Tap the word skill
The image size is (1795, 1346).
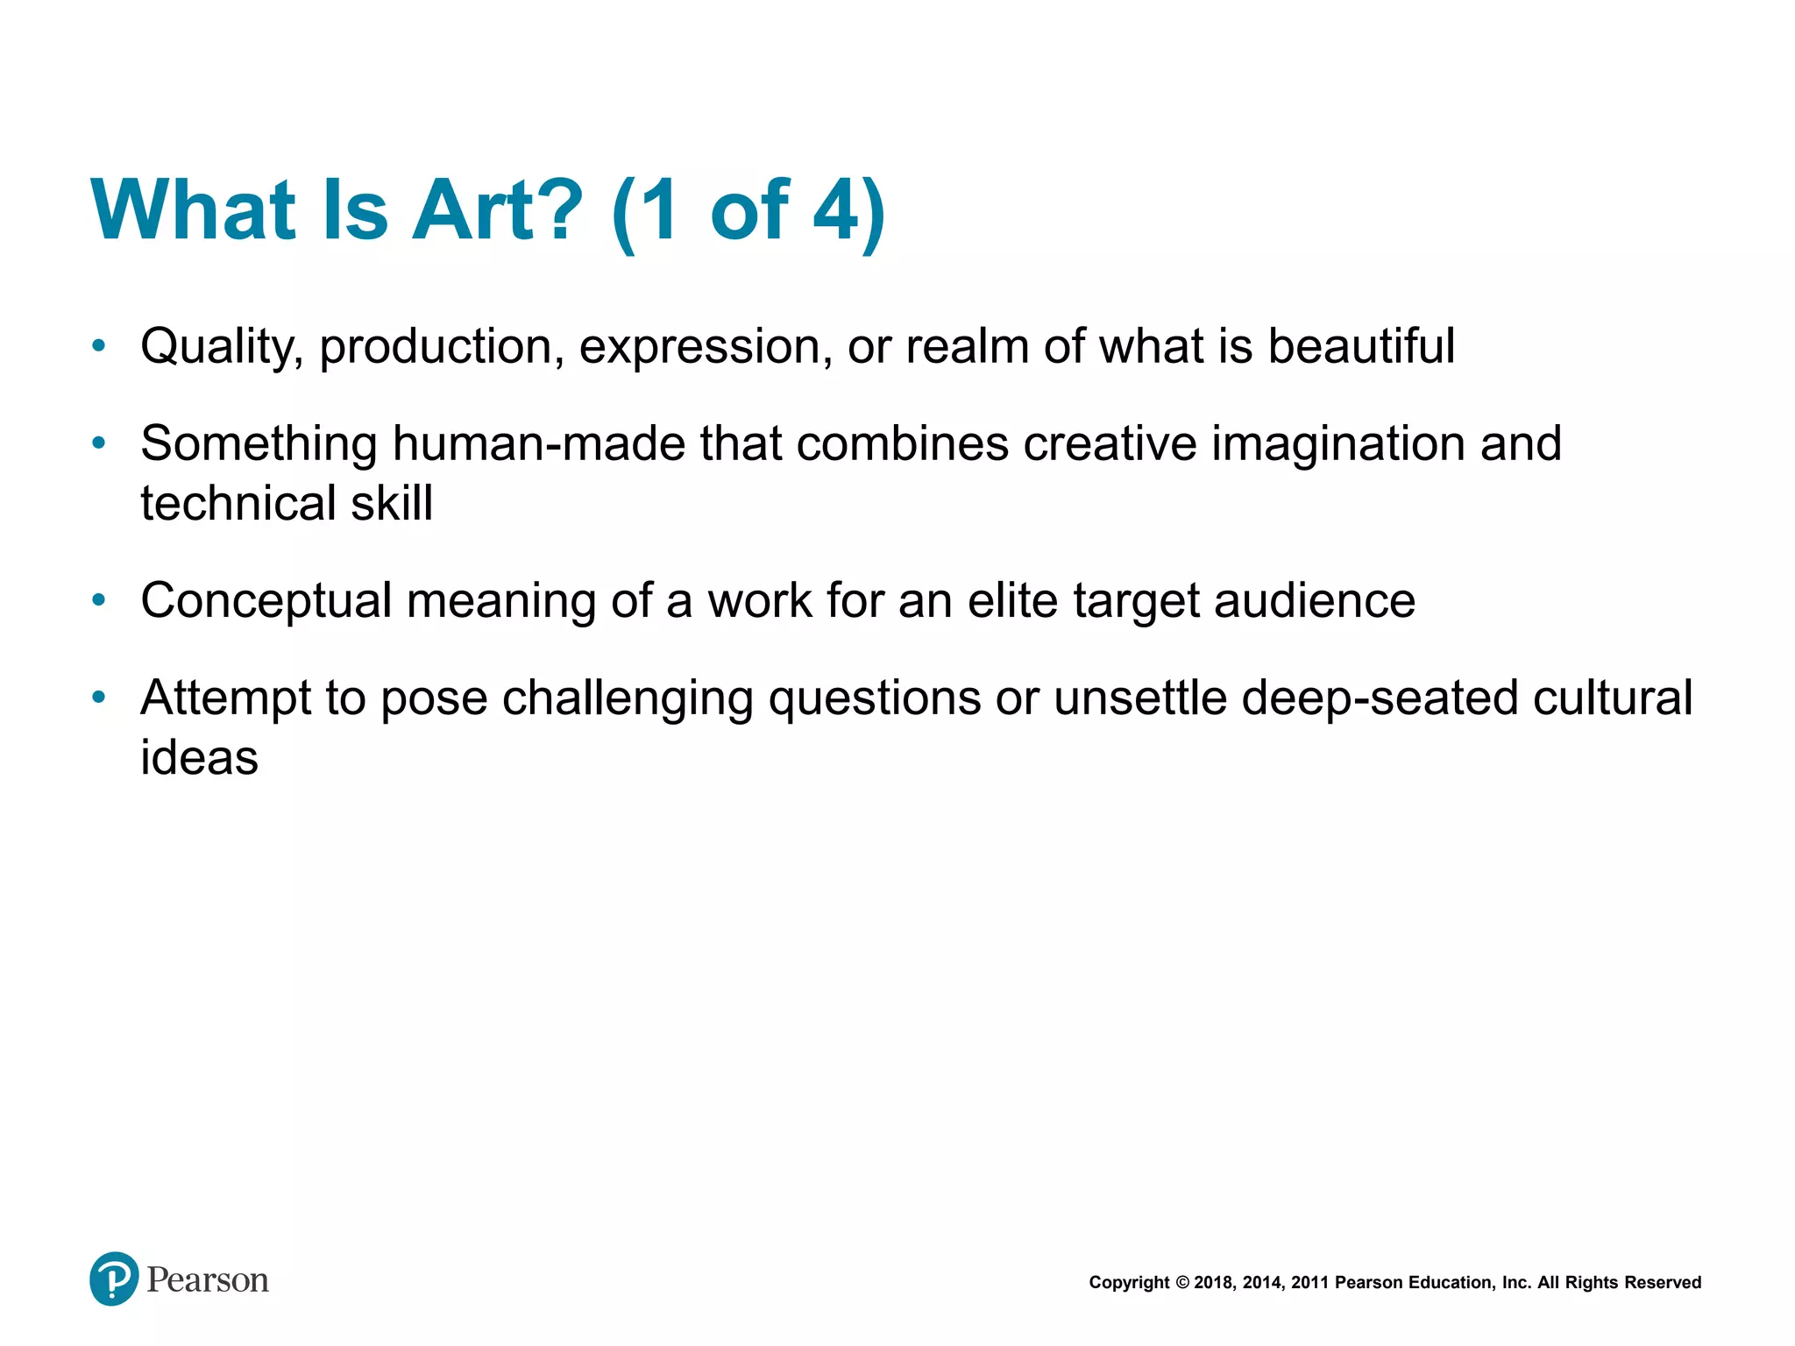coord(392,504)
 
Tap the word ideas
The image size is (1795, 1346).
coord(199,758)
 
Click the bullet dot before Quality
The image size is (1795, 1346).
coord(99,346)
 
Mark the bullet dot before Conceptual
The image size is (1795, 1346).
coord(99,601)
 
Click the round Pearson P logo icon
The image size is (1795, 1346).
coord(114,1279)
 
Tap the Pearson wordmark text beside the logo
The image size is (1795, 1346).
coord(208,1280)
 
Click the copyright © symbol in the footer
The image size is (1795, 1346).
coord(1181,1283)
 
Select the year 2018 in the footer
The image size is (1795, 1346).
coord(1213,1283)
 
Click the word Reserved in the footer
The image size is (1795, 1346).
coord(1663,1283)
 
